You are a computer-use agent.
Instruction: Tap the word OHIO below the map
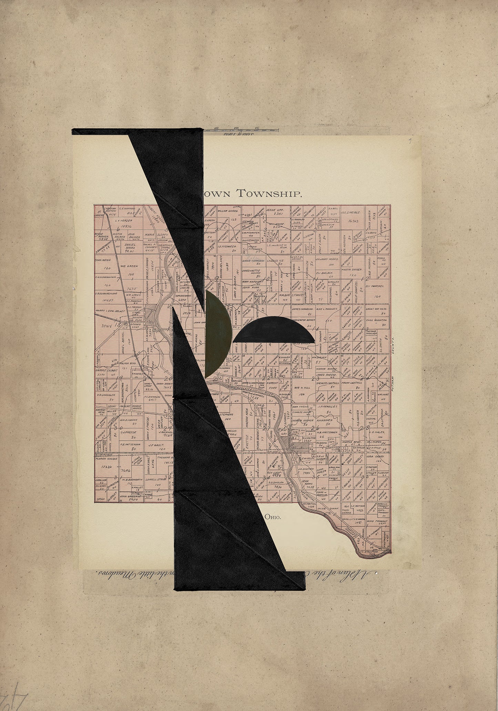(x=273, y=517)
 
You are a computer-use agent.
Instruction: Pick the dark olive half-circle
(x=218, y=333)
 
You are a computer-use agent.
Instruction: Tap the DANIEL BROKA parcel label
(x=129, y=246)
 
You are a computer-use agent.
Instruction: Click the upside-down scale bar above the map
(x=241, y=130)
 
